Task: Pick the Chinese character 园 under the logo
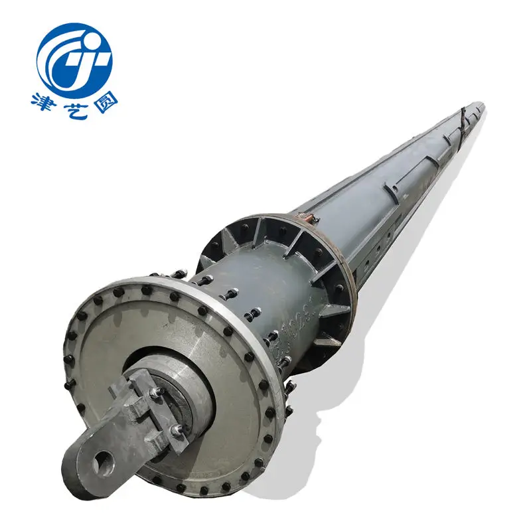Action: pos(104,102)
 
